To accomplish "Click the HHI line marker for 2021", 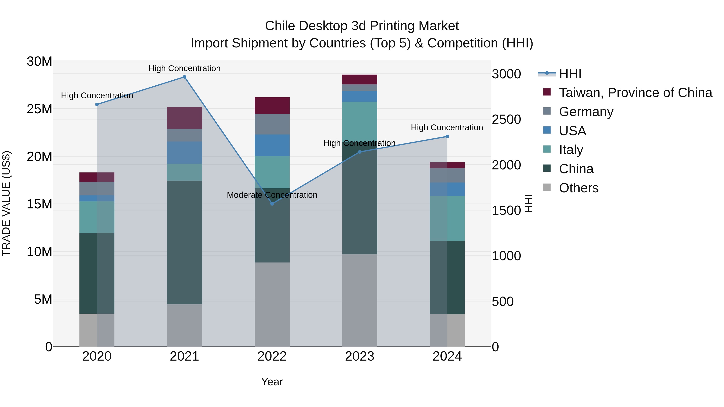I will (x=184, y=77).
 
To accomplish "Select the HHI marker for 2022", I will (x=272, y=204).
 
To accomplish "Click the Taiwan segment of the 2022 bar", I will (x=272, y=106).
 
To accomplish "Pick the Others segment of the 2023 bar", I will (x=359, y=300).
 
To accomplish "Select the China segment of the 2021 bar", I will (x=184, y=242).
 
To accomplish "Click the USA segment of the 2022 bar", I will (x=272, y=145).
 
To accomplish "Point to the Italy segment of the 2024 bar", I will (x=447, y=218).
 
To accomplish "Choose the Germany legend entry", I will (x=586, y=112).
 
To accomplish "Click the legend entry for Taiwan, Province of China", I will (x=635, y=93).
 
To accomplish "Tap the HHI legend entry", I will (x=570, y=74).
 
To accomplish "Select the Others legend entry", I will (x=578, y=188).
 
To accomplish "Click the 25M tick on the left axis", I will (x=39, y=109).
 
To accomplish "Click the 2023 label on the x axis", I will (x=359, y=356).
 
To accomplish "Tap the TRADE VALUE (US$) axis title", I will (x=6, y=203).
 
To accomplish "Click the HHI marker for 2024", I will (x=447, y=136).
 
